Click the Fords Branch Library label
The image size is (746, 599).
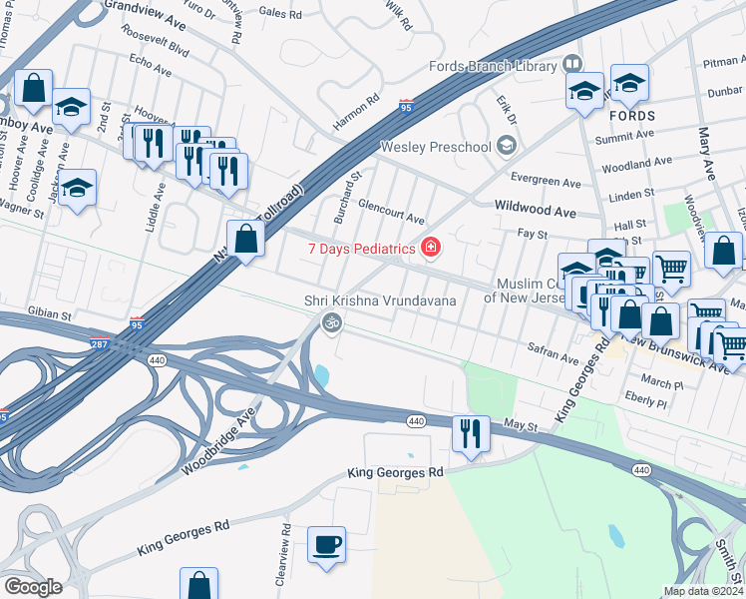pos(492,66)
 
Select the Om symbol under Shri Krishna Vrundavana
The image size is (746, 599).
pos(331,322)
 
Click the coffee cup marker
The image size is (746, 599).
pos(326,545)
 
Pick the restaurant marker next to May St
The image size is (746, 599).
pos(471,434)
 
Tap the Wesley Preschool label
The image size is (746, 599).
pos(436,147)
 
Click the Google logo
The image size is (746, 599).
pos(32,586)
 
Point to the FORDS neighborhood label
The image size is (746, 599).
pos(630,114)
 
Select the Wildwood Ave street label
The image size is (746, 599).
pos(536,212)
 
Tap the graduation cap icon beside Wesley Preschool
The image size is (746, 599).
pos(507,148)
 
